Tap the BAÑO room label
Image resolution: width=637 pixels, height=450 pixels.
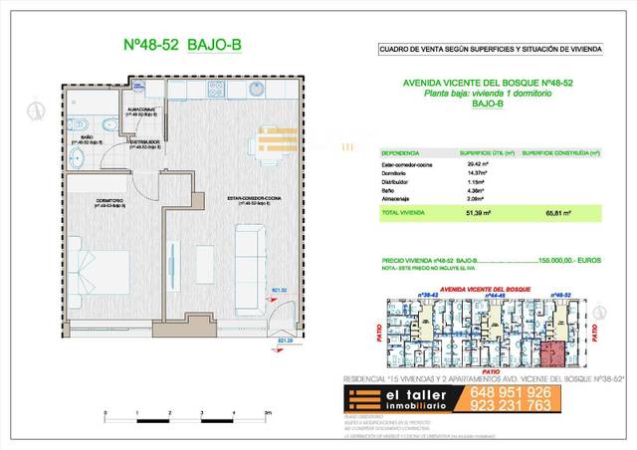[x=88, y=139]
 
